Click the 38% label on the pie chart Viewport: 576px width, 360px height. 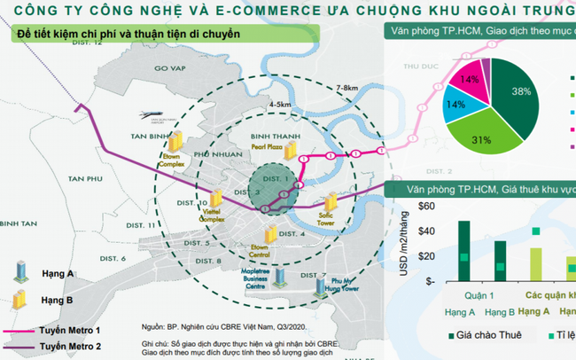[520, 90]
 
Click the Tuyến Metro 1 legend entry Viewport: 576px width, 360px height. [82, 331]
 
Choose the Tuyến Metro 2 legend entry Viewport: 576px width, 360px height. [82, 348]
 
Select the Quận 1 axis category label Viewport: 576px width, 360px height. [481, 296]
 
